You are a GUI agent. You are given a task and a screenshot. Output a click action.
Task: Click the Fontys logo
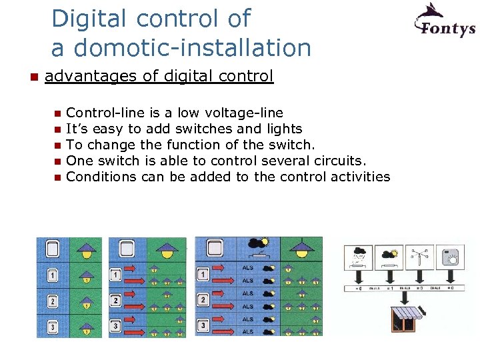click(445, 21)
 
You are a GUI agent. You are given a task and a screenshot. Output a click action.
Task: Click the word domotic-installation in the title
click(192, 48)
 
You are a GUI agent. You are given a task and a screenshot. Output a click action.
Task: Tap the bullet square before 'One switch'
click(57, 161)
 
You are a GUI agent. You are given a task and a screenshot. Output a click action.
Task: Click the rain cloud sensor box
click(358, 257)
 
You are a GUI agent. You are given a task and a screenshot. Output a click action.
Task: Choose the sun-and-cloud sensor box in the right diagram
click(388, 257)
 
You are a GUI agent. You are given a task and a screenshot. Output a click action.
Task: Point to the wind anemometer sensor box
click(419, 257)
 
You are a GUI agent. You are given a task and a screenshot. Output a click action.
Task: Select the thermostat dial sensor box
click(449, 257)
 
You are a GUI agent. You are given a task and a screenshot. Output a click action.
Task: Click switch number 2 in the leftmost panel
click(52, 302)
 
